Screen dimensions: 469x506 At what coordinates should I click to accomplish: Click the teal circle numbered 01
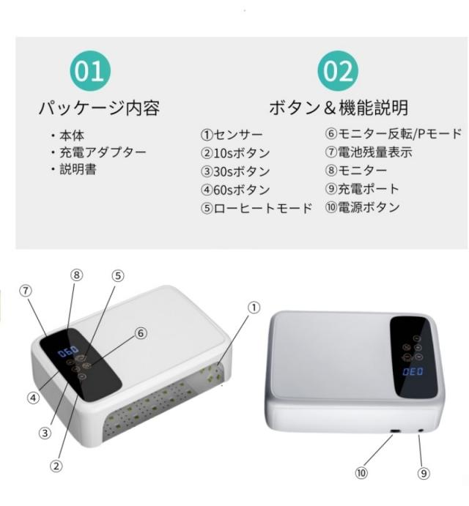(90, 71)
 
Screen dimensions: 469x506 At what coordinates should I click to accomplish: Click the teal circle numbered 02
(338, 71)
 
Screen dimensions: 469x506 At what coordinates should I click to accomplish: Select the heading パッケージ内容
(99, 108)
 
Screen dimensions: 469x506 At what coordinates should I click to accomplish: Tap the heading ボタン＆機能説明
(339, 108)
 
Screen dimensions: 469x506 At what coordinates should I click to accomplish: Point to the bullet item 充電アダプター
(98, 152)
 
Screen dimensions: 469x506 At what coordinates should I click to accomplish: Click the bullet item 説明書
(73, 169)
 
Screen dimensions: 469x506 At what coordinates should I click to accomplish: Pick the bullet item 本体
(67, 135)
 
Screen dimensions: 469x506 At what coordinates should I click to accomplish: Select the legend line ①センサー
(232, 135)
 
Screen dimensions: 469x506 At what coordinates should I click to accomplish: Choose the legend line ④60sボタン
(235, 190)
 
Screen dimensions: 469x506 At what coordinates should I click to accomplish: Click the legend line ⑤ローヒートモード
(256, 208)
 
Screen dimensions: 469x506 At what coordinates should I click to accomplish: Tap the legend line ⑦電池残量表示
(369, 152)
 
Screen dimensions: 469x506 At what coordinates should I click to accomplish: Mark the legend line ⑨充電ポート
(362, 189)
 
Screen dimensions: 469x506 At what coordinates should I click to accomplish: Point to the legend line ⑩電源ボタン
(363, 207)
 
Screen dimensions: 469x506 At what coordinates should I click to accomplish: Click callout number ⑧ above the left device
(76, 275)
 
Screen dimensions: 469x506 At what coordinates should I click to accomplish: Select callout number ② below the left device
(56, 466)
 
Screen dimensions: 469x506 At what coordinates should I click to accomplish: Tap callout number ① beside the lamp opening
(254, 308)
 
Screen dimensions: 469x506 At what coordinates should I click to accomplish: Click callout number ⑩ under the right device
(361, 473)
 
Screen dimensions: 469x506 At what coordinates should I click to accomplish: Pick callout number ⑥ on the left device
(141, 333)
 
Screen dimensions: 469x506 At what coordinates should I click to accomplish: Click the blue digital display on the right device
(413, 372)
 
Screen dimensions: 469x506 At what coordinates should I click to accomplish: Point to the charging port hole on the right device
(421, 431)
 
